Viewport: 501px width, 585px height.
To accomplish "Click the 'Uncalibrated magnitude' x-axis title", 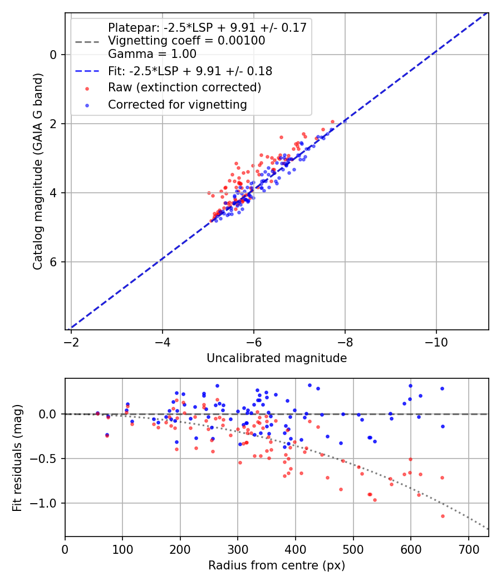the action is coord(277,358).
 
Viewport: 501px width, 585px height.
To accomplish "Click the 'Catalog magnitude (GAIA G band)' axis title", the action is coord(37,171).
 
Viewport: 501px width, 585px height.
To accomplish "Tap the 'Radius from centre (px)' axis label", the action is coord(277,565).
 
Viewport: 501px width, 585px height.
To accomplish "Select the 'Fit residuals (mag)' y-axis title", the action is coord(17,458).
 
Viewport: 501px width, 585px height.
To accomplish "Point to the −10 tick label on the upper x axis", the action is coord(436,342).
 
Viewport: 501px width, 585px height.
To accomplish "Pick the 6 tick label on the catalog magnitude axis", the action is coord(53,262).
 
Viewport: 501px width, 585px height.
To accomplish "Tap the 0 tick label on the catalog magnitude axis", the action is coord(53,55).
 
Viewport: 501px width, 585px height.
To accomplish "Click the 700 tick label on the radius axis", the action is coord(468,549).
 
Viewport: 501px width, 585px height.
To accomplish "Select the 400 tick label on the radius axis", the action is coord(296,549).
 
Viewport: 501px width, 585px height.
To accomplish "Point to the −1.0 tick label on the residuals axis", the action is coord(44,503).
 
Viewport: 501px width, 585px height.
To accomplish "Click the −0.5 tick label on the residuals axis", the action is coord(44,459).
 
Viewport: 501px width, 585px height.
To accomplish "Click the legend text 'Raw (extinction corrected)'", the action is coord(184,87).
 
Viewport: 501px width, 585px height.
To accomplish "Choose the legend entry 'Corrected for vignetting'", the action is coord(178,105).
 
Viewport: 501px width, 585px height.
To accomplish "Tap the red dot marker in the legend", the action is coord(87,89).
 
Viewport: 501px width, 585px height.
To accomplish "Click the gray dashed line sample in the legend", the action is coord(87,42).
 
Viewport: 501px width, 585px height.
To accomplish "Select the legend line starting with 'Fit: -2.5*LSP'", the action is coord(190,71).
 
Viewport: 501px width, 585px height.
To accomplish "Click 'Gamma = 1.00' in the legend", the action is coord(152,54).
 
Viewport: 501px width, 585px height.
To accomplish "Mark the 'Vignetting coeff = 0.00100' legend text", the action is coord(186,41).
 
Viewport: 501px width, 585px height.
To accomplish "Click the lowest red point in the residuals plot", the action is coord(443,516).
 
